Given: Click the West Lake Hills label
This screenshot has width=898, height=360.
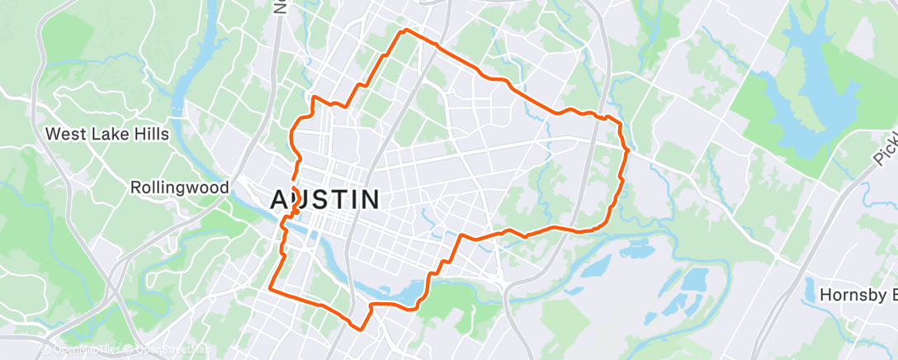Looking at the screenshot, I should [107, 134].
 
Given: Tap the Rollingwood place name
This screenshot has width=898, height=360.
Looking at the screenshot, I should [179, 188].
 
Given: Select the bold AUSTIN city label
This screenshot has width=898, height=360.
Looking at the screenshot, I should [326, 199].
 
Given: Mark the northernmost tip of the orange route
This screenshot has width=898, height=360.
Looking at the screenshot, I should [404, 31].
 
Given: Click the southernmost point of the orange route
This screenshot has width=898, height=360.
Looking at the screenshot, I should [359, 327].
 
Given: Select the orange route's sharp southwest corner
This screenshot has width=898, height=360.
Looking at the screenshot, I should [271, 287].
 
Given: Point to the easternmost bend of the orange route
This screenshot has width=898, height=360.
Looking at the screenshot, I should [628, 150].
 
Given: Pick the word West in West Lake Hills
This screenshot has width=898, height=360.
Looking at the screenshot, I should [62, 134].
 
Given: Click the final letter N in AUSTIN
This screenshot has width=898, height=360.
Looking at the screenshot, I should [369, 199].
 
